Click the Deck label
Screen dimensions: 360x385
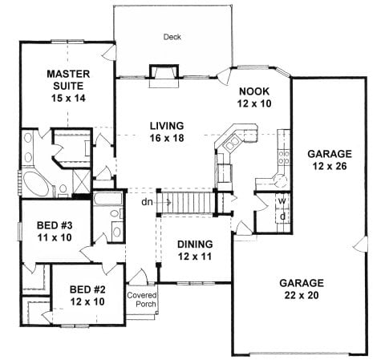pyautogui.click(x=171, y=37)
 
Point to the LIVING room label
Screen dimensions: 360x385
pyautogui.click(x=167, y=126)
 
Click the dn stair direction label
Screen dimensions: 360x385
pyautogui.click(x=148, y=203)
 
